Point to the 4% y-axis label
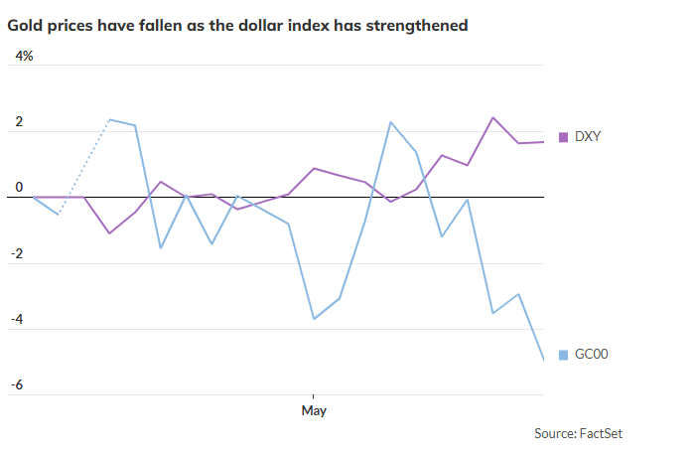coord(22,57)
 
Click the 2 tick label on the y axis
coord(17,122)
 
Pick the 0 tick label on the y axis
coord(17,188)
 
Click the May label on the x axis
coord(314,410)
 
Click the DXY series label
coord(588,137)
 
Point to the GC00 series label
coord(592,355)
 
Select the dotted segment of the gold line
coord(84,166)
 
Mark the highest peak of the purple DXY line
coord(493,117)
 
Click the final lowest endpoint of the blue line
coord(543,360)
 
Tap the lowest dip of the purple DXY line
coord(109,233)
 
